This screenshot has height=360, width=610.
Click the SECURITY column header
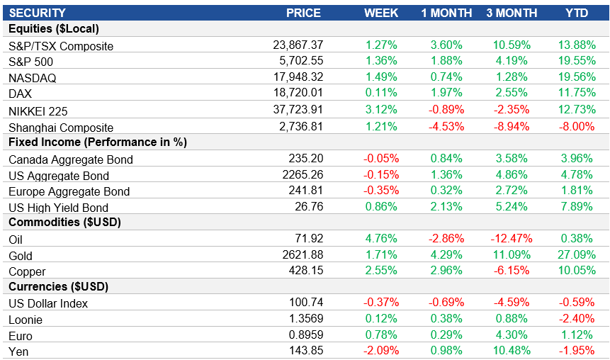click(37, 13)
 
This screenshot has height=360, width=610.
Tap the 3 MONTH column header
click(512, 13)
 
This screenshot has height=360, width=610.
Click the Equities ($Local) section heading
click(53, 29)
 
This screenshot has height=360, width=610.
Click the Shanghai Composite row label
click(61, 128)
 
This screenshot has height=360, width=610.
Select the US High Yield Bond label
click(58, 208)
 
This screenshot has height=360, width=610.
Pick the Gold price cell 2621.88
click(301, 255)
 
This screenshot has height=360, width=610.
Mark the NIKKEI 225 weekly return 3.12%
click(381, 110)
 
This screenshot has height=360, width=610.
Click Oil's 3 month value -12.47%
click(510, 239)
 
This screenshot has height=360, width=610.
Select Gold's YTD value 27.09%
click(575, 255)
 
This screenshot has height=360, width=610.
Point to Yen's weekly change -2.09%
click(381, 350)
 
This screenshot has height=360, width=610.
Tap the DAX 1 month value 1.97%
click(446, 94)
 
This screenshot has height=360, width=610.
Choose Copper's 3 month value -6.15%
click(512, 271)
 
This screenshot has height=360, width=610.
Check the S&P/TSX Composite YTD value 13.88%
click(575, 45)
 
